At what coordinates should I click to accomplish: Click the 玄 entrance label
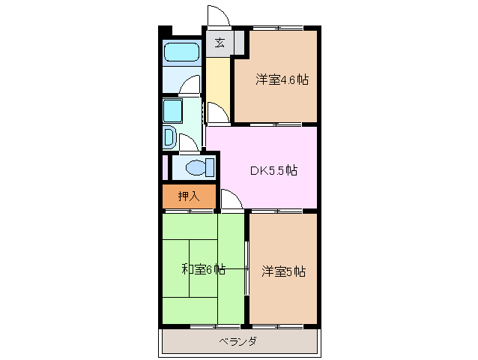click(x=220, y=42)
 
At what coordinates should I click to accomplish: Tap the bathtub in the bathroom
click(x=181, y=52)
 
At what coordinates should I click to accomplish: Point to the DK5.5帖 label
click(x=273, y=170)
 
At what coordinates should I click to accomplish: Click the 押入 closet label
click(x=189, y=196)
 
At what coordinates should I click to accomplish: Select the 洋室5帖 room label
click(x=283, y=271)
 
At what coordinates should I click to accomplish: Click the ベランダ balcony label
click(x=238, y=342)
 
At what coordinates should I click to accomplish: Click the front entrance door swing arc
click(x=216, y=16)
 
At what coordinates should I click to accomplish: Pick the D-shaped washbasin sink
click(x=169, y=138)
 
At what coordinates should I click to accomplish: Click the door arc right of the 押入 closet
click(x=229, y=199)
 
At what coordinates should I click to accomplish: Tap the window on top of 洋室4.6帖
click(x=277, y=28)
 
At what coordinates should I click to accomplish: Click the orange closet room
click(x=189, y=196)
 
